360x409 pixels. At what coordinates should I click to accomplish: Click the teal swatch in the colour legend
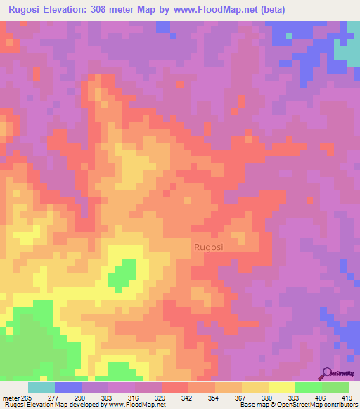[x=41, y=387]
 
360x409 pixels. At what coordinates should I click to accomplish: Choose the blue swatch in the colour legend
[x=68, y=387]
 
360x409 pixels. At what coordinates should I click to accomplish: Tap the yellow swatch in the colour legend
[x=282, y=387]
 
